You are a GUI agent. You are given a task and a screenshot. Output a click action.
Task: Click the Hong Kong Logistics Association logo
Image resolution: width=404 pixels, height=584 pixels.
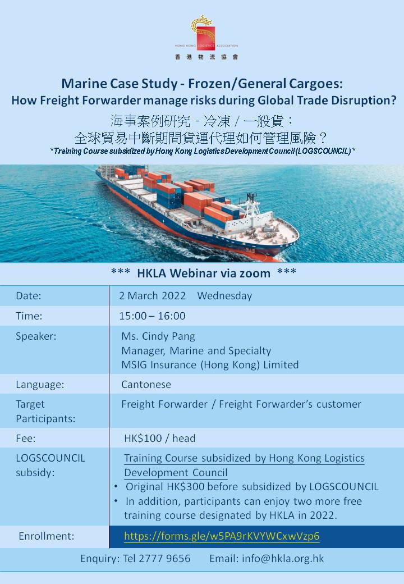pyautogui.click(x=206, y=37)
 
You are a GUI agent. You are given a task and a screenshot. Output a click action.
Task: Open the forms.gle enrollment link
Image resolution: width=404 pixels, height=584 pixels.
pyautogui.click(x=222, y=536)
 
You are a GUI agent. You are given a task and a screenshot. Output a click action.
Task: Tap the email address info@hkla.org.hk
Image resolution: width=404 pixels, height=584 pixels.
pyautogui.click(x=283, y=558)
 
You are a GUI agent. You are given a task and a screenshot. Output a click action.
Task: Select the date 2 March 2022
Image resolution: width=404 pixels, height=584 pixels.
pyautogui.click(x=152, y=296)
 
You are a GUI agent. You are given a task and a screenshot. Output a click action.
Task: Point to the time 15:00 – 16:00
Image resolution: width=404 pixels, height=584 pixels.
pyautogui.click(x=152, y=316)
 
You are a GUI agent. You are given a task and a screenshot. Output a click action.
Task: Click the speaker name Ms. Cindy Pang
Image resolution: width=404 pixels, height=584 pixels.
pyautogui.click(x=158, y=336)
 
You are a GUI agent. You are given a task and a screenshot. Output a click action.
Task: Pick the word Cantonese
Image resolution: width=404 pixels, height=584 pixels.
pyautogui.click(x=146, y=384)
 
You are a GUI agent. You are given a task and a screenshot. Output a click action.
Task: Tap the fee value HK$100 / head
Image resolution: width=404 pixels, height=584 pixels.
pyautogui.click(x=159, y=439)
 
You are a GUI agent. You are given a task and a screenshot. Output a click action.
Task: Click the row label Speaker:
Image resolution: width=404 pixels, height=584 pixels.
pyautogui.click(x=36, y=336)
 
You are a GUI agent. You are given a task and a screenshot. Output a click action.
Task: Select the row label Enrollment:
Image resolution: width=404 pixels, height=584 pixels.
pyautogui.click(x=47, y=536)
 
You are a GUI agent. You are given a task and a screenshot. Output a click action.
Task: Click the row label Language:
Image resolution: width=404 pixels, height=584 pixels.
pyautogui.click(x=40, y=384)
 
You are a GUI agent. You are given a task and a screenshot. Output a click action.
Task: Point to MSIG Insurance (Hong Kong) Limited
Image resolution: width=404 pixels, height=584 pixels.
pyautogui.click(x=210, y=364)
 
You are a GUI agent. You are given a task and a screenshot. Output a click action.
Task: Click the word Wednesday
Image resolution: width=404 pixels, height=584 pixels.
pyautogui.click(x=224, y=296)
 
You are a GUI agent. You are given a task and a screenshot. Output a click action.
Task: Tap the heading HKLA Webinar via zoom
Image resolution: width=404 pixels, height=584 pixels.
pyautogui.click(x=204, y=273)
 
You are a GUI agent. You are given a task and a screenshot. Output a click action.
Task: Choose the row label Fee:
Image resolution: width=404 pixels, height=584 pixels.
pyautogui.click(x=26, y=439)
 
